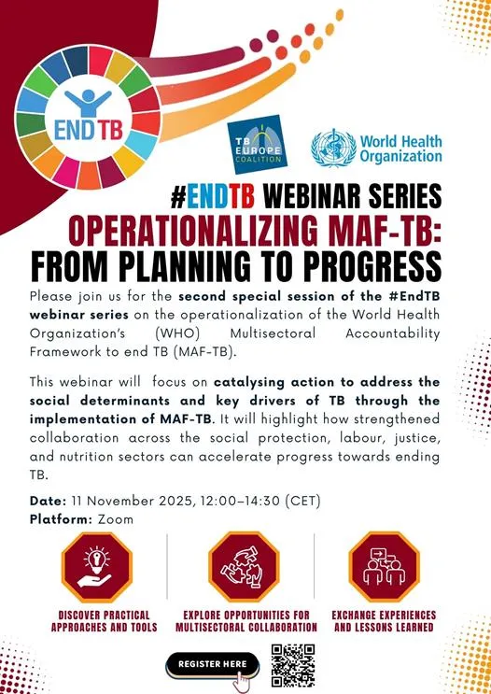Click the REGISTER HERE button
(212, 663)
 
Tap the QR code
(293, 665)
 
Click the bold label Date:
(48, 501)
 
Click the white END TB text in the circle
(81, 125)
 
